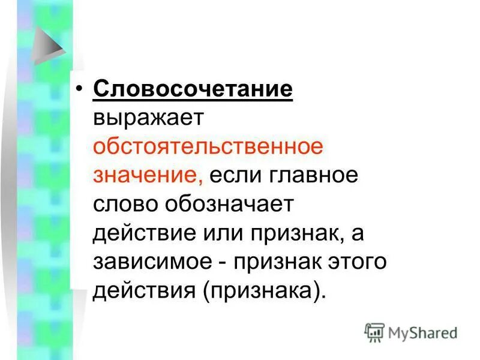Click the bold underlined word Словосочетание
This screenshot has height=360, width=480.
(x=193, y=90)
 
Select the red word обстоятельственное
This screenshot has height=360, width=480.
(x=208, y=146)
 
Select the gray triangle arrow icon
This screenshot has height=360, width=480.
(x=49, y=45)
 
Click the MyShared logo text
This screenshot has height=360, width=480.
(x=422, y=332)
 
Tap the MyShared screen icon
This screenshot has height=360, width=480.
(x=374, y=332)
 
